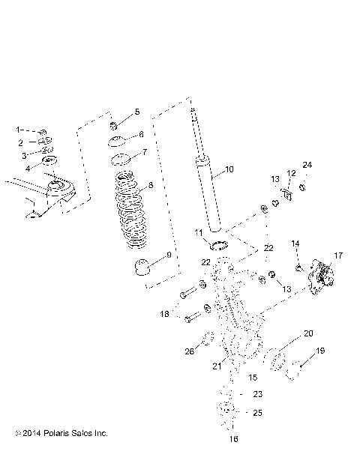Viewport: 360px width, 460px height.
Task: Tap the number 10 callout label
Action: click(x=229, y=170)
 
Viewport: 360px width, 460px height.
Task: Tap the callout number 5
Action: click(x=136, y=112)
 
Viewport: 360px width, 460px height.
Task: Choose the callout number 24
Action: click(x=307, y=165)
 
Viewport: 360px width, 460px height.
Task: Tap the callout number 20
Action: click(x=308, y=333)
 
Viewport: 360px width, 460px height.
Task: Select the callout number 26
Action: click(x=190, y=351)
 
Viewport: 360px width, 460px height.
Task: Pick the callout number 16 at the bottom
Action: click(x=233, y=440)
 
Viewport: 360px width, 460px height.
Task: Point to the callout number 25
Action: click(x=257, y=413)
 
